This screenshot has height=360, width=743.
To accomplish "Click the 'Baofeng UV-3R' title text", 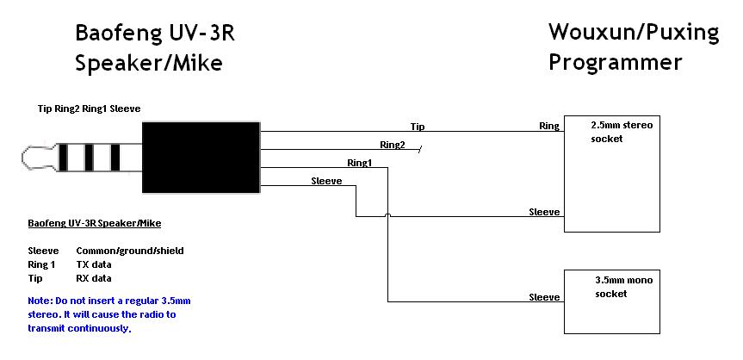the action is click(155, 34).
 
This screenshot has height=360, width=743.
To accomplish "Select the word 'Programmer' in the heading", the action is click(616, 62).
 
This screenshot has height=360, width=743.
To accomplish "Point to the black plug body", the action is click(201, 158).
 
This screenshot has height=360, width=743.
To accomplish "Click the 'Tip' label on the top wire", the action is click(418, 127).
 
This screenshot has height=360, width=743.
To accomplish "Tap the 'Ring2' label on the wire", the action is click(393, 145).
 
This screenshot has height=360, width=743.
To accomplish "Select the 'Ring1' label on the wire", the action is click(360, 163).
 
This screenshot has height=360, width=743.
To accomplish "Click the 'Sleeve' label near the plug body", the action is click(326, 181).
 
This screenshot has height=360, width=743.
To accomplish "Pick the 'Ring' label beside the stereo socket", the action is click(549, 126).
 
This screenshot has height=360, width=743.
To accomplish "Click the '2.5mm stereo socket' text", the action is click(622, 132).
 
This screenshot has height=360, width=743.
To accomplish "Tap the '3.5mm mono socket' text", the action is click(623, 287).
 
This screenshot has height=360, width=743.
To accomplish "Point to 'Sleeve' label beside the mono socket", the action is click(544, 297).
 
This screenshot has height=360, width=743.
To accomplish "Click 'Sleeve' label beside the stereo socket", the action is click(544, 212).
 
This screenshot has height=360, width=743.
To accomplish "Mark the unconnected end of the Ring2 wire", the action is click(420, 149).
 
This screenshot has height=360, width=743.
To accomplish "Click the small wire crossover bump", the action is click(388, 215).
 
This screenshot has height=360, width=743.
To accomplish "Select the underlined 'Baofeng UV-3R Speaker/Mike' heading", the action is click(95, 223).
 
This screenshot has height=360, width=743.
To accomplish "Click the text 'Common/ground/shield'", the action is click(130, 251).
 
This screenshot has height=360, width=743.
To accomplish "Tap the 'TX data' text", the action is click(93, 264).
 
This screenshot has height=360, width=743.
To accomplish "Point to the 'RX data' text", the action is click(93, 278).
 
